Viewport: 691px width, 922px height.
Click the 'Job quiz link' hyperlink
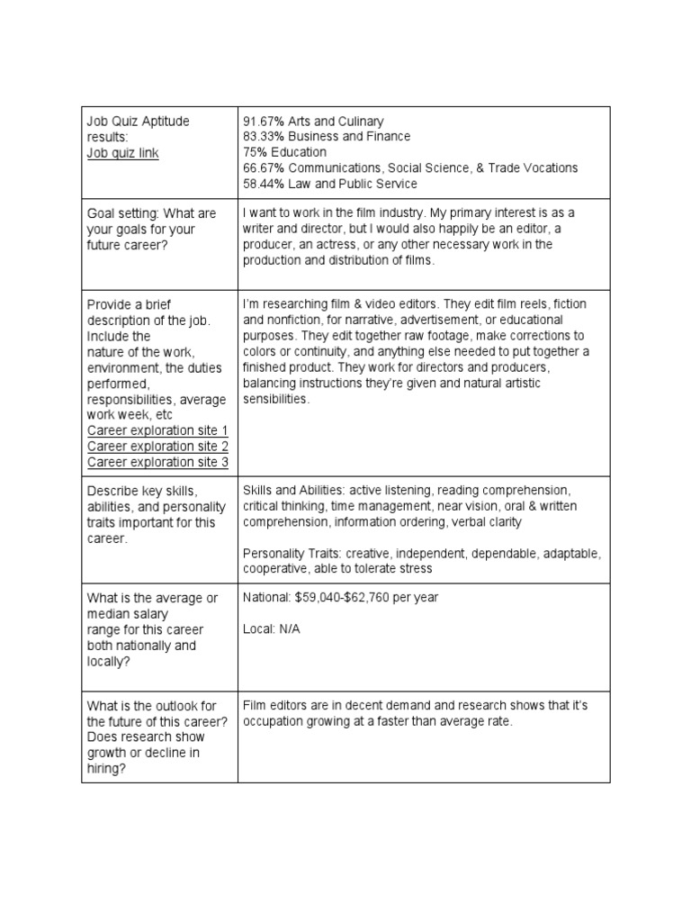click(122, 153)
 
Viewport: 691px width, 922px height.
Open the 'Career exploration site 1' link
click(157, 430)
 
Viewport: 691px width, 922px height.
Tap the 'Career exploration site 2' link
click(157, 447)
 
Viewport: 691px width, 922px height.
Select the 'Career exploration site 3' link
click(157, 463)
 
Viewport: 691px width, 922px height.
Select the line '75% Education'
click(284, 152)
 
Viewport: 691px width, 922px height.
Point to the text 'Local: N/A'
click(272, 629)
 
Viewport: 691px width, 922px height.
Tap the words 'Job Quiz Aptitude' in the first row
click(138, 121)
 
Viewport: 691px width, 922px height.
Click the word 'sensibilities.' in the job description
click(275, 399)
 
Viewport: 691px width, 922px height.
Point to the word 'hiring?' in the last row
click(106, 768)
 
